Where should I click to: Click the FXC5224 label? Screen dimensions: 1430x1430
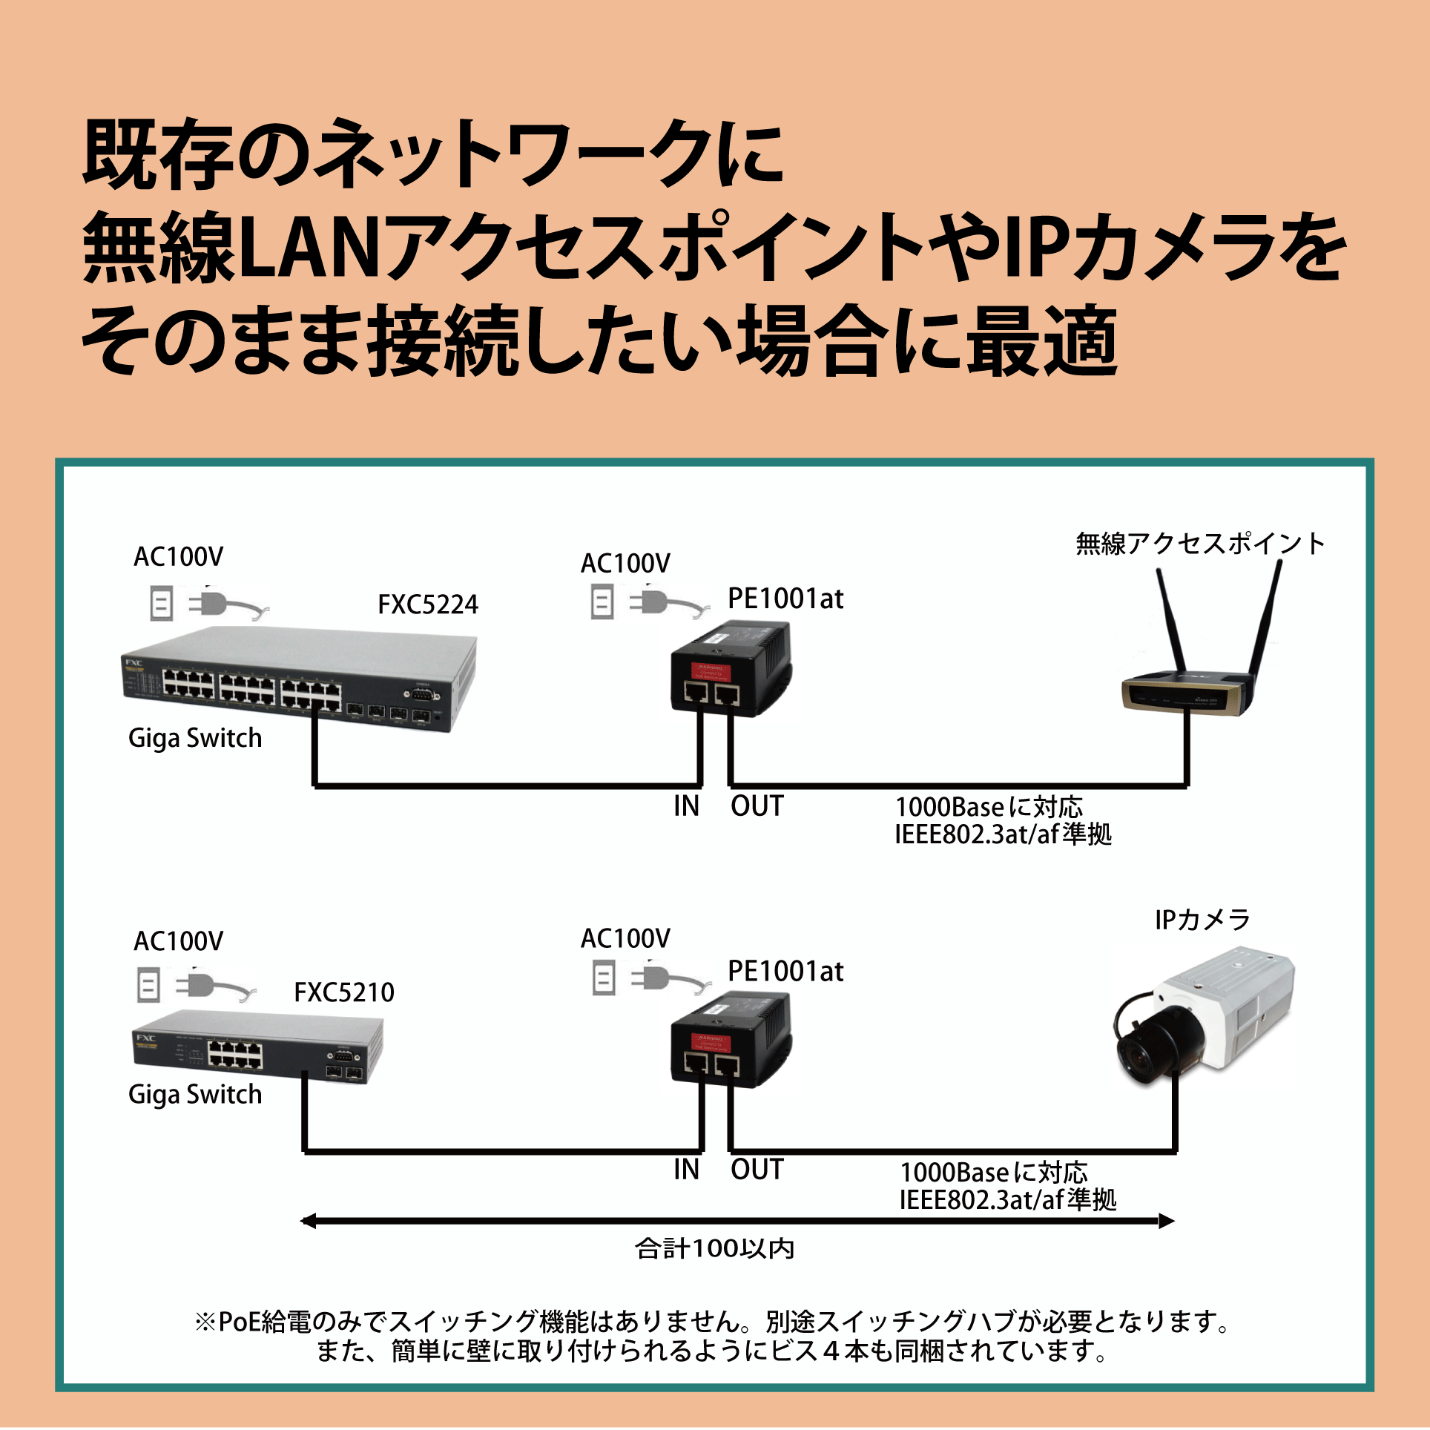428,604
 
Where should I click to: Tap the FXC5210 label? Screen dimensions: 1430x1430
344,992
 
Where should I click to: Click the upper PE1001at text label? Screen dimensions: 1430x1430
785,599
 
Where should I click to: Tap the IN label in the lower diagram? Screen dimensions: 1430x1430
686,1170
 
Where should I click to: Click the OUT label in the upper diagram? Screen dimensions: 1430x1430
757,806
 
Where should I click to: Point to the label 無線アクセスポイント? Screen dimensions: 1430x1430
1200,544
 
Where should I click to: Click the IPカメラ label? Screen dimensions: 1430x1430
1202,920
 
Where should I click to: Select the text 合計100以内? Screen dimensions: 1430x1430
715,1249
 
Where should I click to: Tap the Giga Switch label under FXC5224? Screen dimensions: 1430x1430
195,739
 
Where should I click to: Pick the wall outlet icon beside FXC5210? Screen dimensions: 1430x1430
149,986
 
